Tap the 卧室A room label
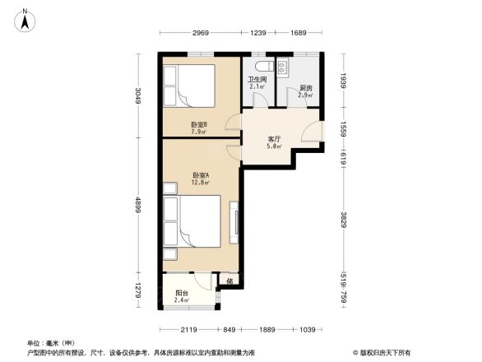tap(200, 175)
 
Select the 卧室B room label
tap(198, 124)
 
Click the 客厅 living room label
tap(275, 139)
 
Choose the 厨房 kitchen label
tap(305, 88)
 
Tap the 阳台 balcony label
tap(182, 293)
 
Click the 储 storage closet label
tap(229, 281)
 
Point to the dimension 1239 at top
tap(258, 34)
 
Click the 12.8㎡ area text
tap(200, 183)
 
